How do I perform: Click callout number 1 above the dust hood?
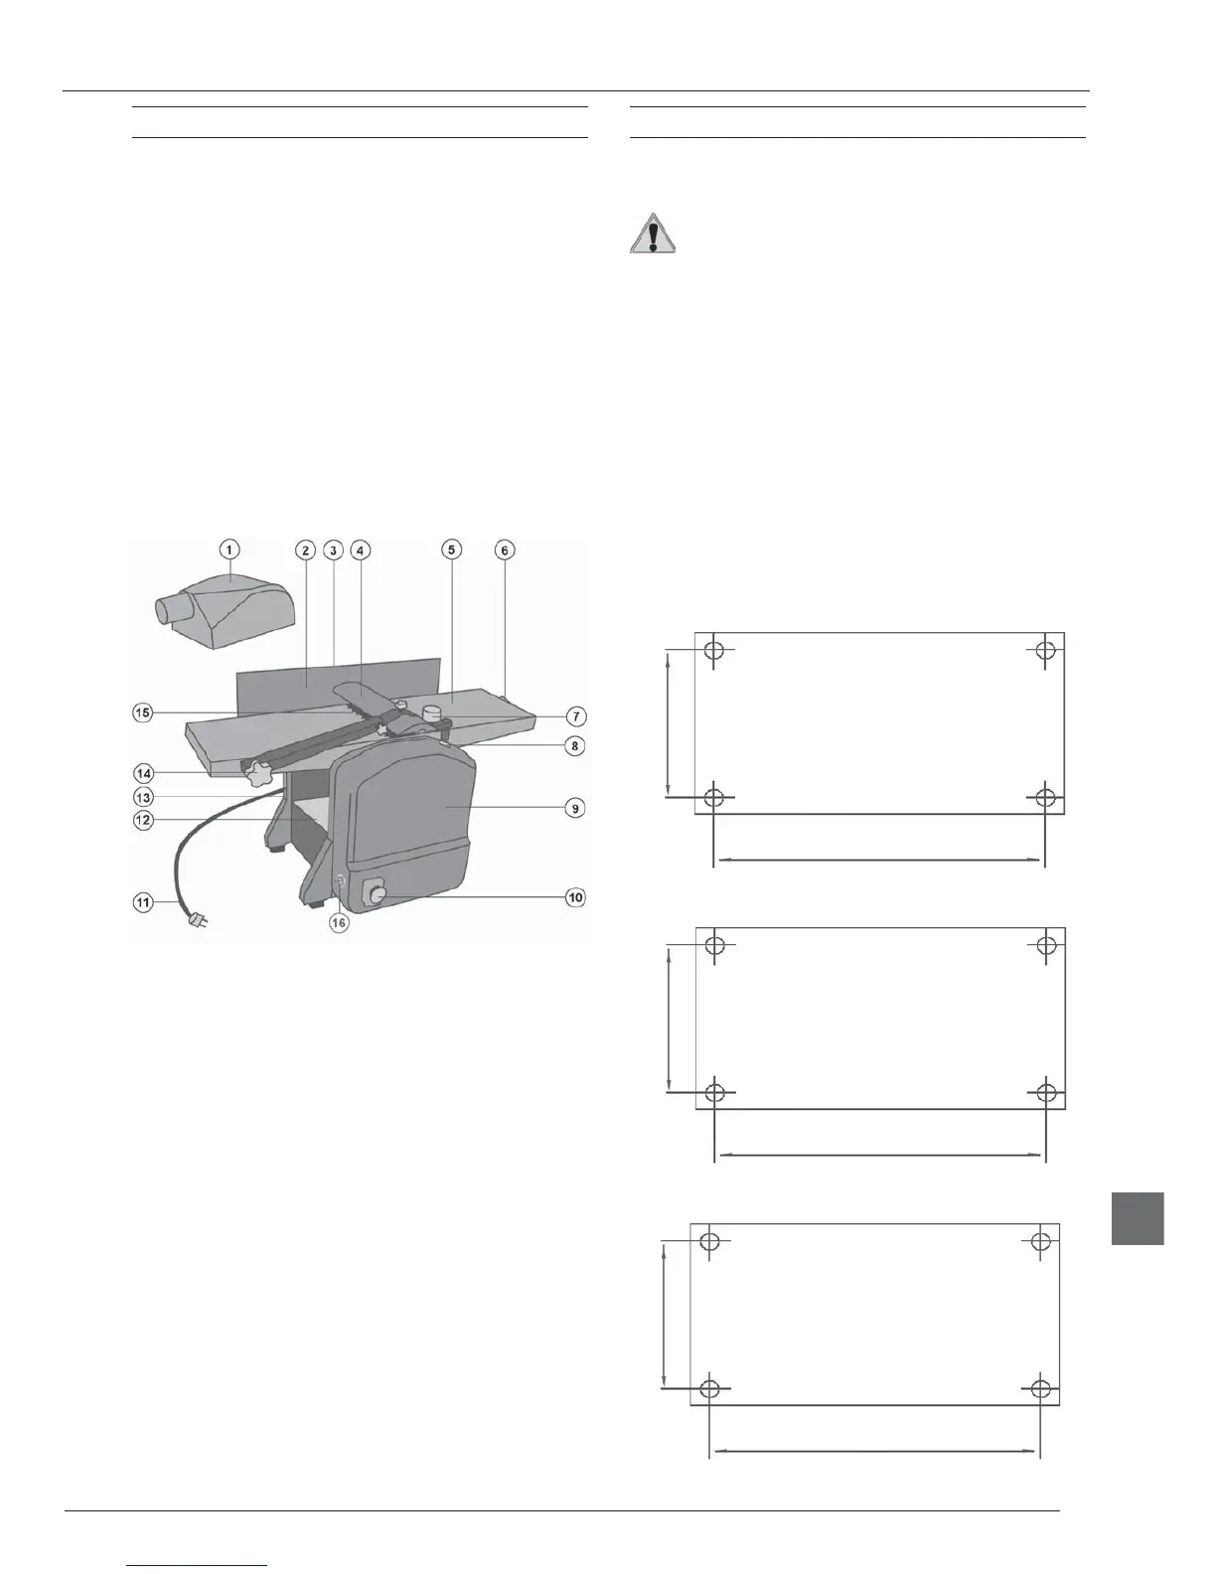point(229,550)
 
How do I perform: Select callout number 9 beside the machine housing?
point(574,808)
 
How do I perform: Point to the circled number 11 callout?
point(143,902)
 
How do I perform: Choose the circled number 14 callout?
point(143,772)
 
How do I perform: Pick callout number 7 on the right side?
point(574,716)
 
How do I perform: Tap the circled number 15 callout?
point(143,712)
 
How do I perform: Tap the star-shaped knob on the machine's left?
point(262,772)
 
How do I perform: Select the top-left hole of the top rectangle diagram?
point(714,651)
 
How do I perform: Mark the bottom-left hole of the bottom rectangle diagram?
point(710,1388)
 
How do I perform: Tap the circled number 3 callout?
point(333,550)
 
